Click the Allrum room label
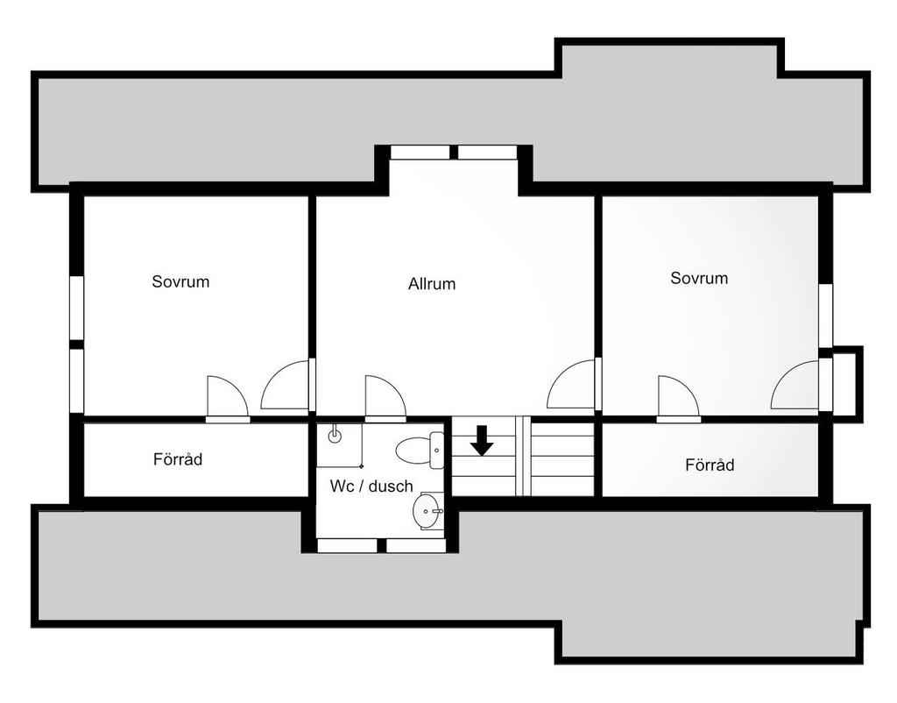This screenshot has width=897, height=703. coord(432,284)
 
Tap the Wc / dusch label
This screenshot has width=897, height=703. coord(371,486)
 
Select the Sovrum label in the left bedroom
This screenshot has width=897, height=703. coord(180,281)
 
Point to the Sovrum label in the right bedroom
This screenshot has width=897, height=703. coord(699,278)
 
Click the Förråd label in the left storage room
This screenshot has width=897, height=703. coord(178,458)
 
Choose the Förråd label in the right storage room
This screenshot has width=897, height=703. coord(710,465)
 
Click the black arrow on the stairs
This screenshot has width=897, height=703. coord(481,440)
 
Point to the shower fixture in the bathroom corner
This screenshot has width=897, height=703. coord(333,435)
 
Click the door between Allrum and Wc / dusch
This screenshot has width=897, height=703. coord(384,399)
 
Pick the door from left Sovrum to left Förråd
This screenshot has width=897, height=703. coord(226,399)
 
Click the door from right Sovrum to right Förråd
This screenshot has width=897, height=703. coord(677,399)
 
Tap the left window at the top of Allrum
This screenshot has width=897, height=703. coord(420,153)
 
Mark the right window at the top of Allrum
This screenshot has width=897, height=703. coord(488,153)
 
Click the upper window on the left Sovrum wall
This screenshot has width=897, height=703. coord(76,308)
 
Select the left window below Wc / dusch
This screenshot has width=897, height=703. coord(347,545)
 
